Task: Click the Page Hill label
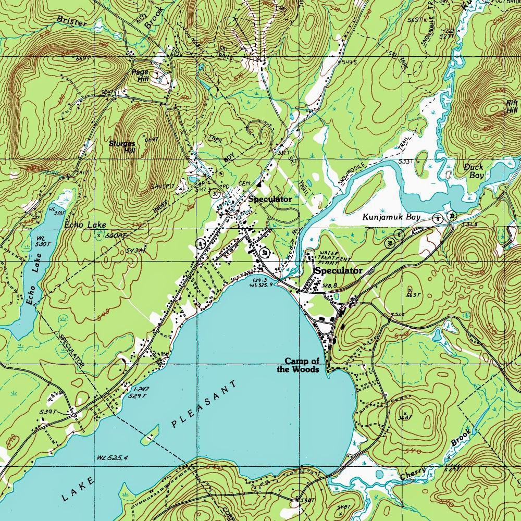(x=140, y=76)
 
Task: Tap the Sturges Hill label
(x=122, y=146)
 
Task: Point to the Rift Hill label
(x=512, y=106)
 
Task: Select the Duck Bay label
(x=474, y=171)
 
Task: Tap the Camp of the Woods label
(x=302, y=365)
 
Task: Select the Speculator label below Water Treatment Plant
(x=338, y=271)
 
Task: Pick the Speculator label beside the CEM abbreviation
(x=269, y=199)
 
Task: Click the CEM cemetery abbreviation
(x=245, y=183)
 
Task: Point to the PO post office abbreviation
(x=226, y=186)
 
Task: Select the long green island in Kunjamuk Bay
(x=365, y=190)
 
